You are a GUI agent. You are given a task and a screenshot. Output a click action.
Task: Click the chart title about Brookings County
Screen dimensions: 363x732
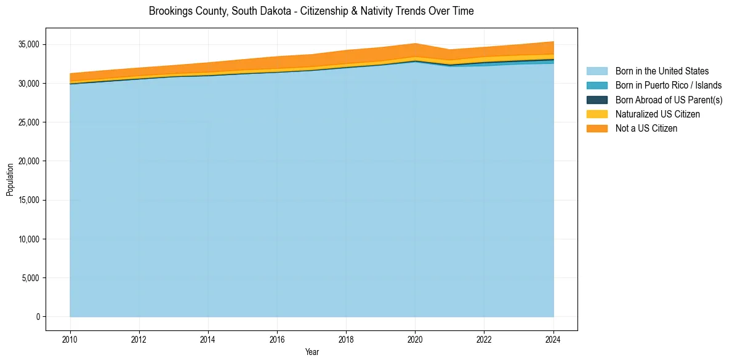click(311, 11)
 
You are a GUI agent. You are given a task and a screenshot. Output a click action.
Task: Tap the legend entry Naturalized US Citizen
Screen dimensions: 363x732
click(658, 114)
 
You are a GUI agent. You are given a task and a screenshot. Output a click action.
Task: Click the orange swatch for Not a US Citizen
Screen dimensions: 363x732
click(597, 128)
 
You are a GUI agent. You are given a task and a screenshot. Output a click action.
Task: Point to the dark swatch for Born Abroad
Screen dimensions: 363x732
click(597, 100)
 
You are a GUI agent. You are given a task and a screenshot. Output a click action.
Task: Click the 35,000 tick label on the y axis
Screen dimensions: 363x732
click(29, 44)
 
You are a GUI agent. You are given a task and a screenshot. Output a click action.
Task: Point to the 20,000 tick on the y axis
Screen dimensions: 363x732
click(29, 161)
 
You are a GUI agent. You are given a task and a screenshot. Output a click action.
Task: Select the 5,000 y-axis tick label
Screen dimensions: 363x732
click(31, 278)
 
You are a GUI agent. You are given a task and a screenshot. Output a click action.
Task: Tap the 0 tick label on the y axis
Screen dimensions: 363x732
click(38, 317)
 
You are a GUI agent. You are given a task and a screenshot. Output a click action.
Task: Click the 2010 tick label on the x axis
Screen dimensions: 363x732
click(70, 338)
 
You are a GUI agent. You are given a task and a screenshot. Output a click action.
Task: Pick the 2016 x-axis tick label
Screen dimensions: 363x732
click(277, 338)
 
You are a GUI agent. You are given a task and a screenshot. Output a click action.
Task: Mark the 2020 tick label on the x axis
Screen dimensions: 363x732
click(416, 338)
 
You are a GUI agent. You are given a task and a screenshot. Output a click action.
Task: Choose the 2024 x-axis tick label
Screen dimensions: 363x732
click(553, 338)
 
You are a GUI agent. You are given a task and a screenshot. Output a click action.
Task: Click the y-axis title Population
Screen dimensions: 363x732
click(10, 180)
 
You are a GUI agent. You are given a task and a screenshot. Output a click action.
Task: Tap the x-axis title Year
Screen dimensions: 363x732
click(312, 352)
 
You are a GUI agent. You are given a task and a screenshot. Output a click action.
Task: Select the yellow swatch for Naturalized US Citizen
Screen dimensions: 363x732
click(597, 114)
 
